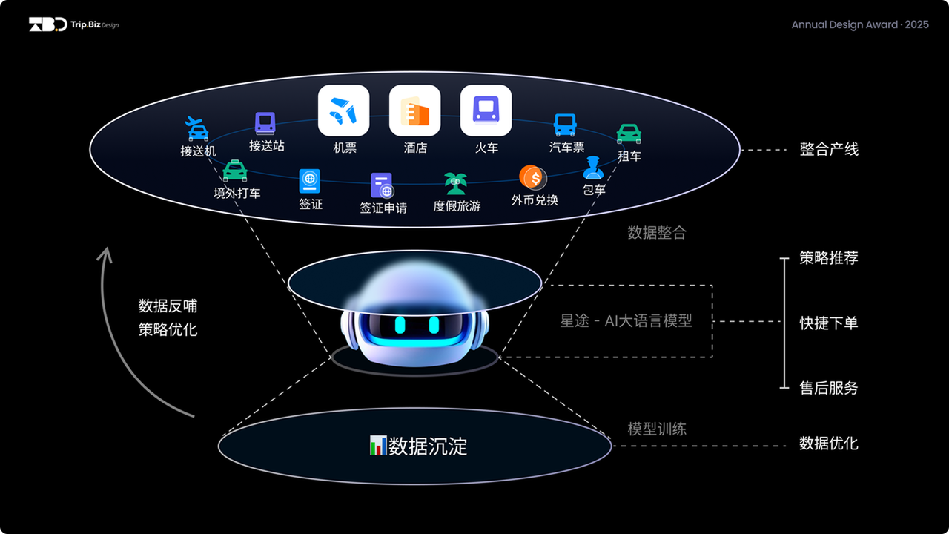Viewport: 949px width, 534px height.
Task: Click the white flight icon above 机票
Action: tap(343, 111)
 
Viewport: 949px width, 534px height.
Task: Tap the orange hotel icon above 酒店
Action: tap(414, 111)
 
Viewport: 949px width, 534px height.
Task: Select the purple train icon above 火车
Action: tap(486, 111)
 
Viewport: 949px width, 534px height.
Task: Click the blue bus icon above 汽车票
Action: tap(566, 125)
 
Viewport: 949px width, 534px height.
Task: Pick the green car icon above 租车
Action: tap(629, 133)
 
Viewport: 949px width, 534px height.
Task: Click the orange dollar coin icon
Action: tap(532, 178)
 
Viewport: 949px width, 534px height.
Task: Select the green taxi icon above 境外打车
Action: tap(235, 171)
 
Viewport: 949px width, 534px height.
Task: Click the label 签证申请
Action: tap(383, 208)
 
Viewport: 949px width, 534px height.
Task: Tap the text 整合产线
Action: tap(829, 149)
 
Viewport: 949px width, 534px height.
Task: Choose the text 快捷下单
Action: tap(829, 323)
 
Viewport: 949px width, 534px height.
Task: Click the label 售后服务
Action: tap(829, 387)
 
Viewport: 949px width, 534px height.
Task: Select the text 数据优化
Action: tap(829, 444)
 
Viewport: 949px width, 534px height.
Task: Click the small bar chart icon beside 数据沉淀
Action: tap(377, 446)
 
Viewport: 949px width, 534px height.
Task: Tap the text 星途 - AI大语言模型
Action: tap(626, 321)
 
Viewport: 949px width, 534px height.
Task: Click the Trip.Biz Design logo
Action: tap(73, 24)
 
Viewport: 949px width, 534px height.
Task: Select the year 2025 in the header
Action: tap(917, 24)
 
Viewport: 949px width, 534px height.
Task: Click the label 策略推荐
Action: tap(829, 258)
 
